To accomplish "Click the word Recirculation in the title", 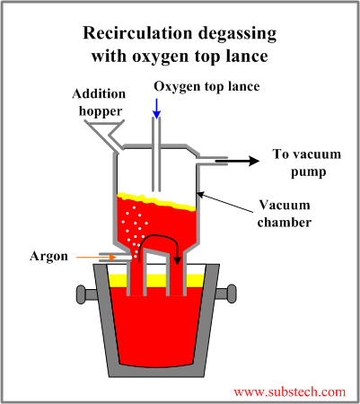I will tap(134, 33).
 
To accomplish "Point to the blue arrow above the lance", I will tap(157, 107).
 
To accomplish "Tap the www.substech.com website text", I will tap(289, 392).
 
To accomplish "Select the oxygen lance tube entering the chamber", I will tap(157, 153).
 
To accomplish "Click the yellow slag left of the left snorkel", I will tap(116, 281).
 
